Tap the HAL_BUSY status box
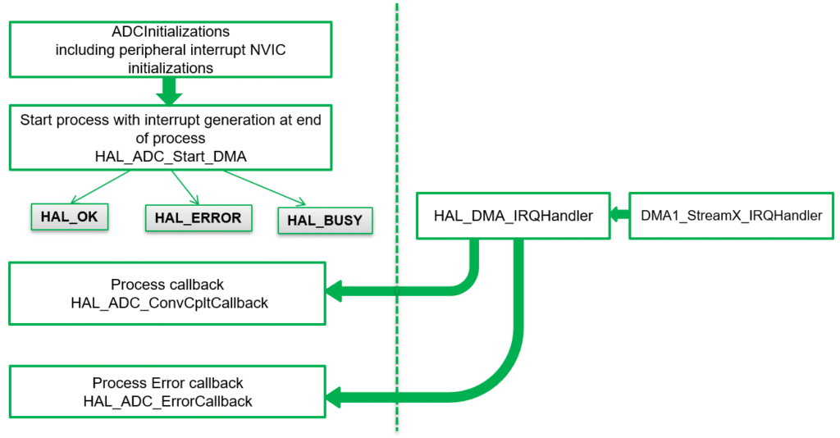pos(325,220)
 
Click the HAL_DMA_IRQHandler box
pos(513,216)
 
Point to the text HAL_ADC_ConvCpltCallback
pos(170,303)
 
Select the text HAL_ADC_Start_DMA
pos(171,155)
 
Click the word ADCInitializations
pos(171,33)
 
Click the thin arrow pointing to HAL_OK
pos(98,187)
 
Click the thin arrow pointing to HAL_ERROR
pos(185,187)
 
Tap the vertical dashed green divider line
pos(397,246)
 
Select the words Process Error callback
pos(167,383)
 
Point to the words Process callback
pos(167,285)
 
